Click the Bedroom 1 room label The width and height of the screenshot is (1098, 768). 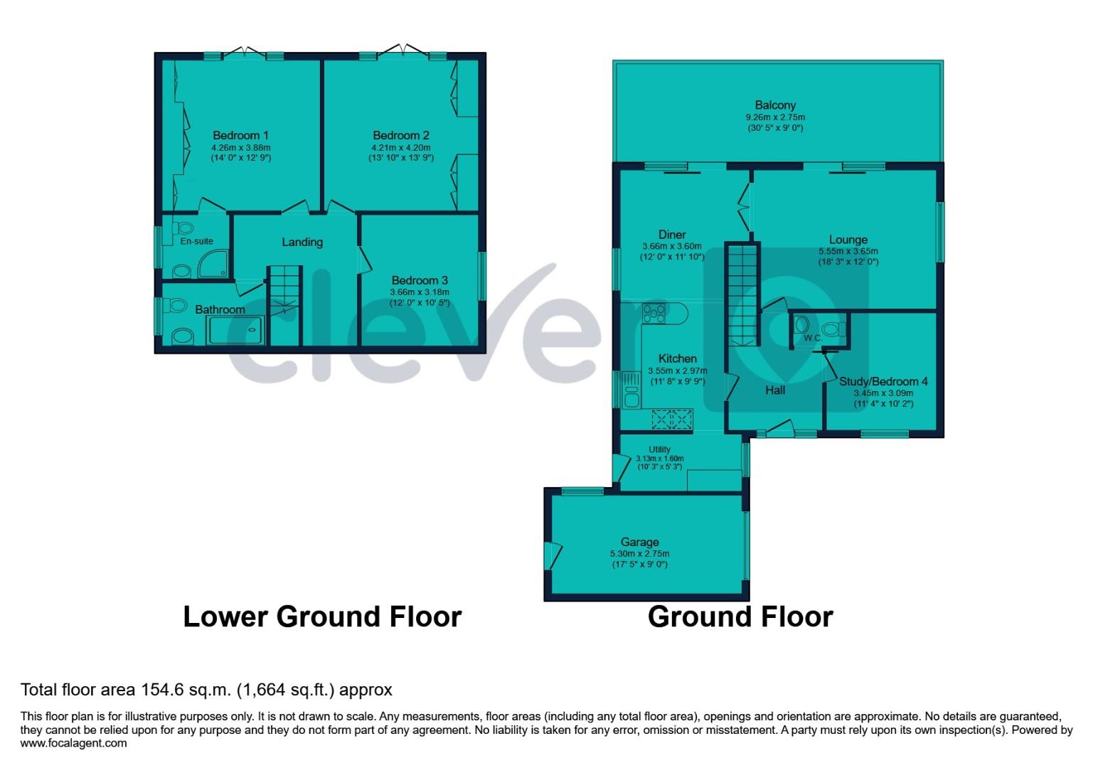[x=240, y=135]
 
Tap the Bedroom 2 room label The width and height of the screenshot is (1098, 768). [x=400, y=135]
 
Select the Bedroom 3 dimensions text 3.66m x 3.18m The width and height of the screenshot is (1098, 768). [x=420, y=292]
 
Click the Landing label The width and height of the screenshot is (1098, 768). [x=302, y=242]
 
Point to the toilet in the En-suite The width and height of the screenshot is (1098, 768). [x=184, y=229]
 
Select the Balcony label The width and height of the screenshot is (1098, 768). [x=775, y=105]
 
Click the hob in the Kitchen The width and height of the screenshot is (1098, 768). [x=654, y=313]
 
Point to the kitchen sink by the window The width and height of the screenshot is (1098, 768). [x=631, y=390]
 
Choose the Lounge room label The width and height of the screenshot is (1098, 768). [x=848, y=240]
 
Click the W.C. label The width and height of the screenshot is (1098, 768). [x=813, y=338]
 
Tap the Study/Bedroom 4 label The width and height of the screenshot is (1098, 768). [x=883, y=381]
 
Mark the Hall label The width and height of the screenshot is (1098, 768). [x=775, y=390]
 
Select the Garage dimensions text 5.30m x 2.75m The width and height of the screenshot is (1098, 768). [x=639, y=553]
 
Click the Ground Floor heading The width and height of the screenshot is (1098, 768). [x=740, y=617]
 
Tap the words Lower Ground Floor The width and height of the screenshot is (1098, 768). [x=322, y=617]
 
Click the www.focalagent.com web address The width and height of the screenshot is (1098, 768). [x=74, y=743]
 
